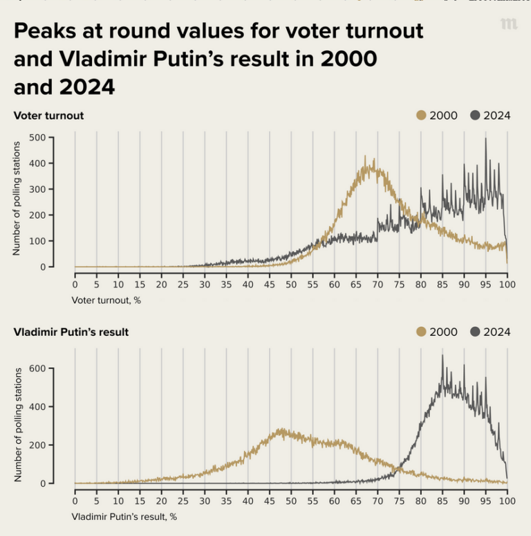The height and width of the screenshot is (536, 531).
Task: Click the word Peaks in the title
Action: click(x=44, y=31)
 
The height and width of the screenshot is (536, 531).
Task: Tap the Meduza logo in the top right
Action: click(x=509, y=24)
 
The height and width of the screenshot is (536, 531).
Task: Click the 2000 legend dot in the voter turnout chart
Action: click(x=421, y=115)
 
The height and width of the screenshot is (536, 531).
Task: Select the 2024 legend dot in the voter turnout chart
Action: click(x=475, y=115)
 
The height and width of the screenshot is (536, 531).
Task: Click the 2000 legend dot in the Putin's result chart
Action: click(x=421, y=332)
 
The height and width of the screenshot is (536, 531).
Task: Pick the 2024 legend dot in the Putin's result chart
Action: click(x=475, y=332)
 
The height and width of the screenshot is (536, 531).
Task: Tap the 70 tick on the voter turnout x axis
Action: click(x=378, y=284)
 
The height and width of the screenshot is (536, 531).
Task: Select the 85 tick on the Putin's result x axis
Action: click(x=442, y=501)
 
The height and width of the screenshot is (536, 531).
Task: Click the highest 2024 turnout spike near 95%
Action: click(x=485, y=139)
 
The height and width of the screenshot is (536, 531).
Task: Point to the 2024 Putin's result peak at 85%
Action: click(x=442, y=356)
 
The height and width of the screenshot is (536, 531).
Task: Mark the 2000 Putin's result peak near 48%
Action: click(x=281, y=429)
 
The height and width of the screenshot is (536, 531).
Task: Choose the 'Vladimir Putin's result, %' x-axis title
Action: click(x=124, y=517)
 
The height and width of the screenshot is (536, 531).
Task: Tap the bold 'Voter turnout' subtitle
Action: click(x=48, y=116)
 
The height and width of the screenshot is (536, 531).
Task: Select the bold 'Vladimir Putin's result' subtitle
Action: click(x=71, y=332)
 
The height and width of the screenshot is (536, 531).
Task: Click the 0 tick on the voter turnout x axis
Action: click(x=75, y=284)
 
